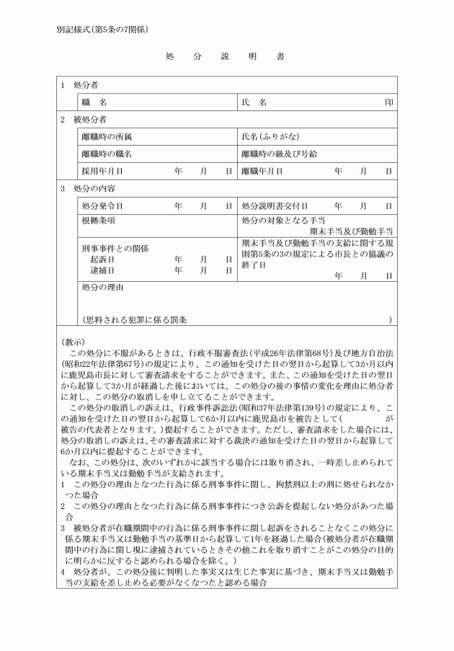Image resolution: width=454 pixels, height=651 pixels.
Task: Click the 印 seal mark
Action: (389, 102)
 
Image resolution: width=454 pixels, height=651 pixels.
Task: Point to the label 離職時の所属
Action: (107, 136)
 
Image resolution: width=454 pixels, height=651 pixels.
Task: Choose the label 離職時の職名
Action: (107, 154)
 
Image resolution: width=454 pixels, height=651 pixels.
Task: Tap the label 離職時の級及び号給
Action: (279, 154)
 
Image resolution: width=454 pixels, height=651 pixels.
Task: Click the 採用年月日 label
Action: (102, 171)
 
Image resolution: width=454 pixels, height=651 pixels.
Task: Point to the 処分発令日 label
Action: (102, 205)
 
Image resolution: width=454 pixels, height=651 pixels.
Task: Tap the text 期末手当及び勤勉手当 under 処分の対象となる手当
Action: (351, 231)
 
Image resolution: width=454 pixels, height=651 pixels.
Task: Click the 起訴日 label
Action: (102, 259)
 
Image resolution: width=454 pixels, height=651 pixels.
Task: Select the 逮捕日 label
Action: (102, 270)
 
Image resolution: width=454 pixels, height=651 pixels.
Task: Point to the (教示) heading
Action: (73, 342)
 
